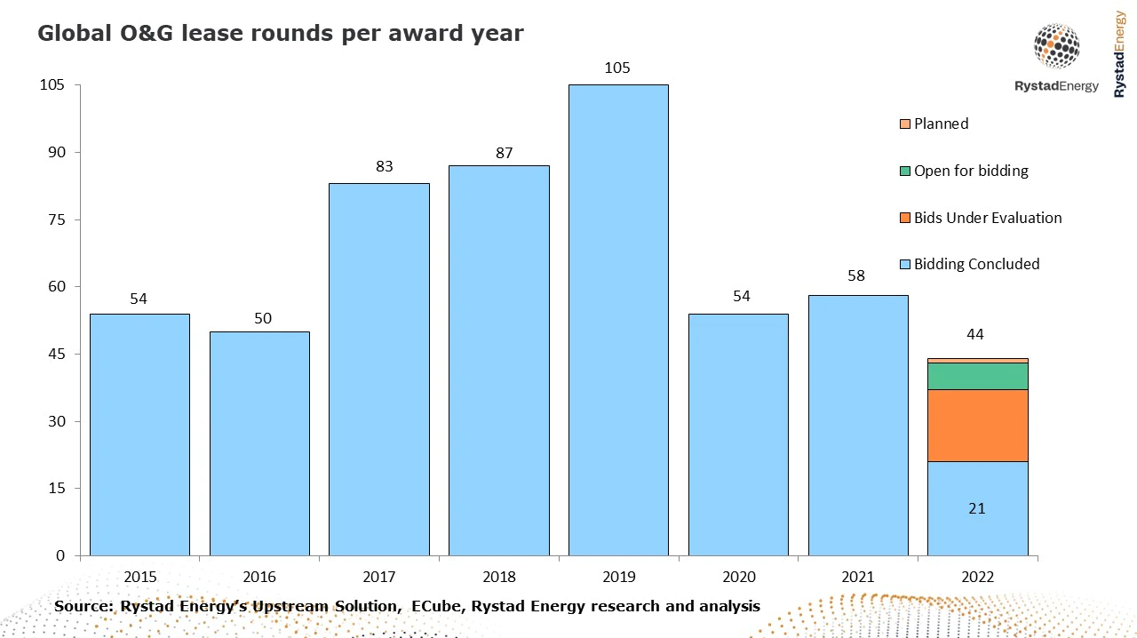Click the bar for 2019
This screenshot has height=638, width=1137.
tap(618, 320)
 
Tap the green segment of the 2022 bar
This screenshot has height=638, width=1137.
tap(977, 376)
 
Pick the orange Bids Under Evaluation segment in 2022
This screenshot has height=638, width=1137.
tap(977, 425)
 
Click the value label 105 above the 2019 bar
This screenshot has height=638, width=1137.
tap(618, 68)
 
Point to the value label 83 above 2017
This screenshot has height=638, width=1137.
tap(385, 166)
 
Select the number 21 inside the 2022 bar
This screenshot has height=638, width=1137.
tap(977, 508)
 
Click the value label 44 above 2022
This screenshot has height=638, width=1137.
tap(975, 334)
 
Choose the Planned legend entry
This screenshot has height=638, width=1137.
tap(941, 124)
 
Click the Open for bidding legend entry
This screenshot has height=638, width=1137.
tap(971, 171)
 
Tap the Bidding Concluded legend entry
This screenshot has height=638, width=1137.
tap(976, 264)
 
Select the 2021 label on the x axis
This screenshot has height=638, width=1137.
tap(858, 576)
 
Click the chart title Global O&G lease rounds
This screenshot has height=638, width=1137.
tap(280, 34)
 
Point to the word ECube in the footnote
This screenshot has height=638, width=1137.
tap(433, 606)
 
